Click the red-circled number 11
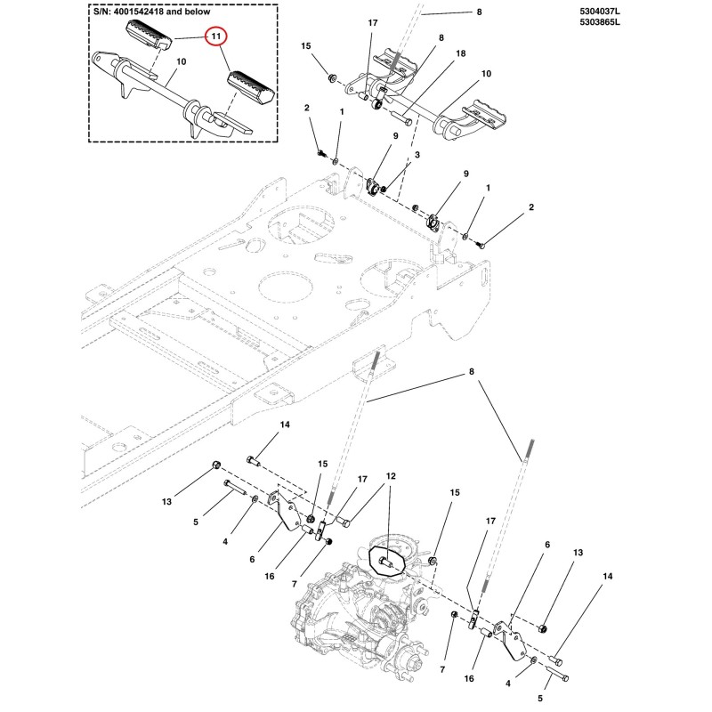pos(215,36)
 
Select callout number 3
pos(417,155)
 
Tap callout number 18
pos(460,53)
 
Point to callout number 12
pos(391,476)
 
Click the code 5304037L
pos(599,12)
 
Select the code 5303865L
pos(599,21)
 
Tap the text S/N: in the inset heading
pos(101,12)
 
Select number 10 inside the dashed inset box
pos(182,61)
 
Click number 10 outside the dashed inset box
pos(486,74)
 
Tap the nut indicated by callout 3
pos(384,189)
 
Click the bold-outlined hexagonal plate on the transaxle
pos(387,562)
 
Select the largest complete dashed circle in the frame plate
pos(286,287)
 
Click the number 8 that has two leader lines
pos(472,371)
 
